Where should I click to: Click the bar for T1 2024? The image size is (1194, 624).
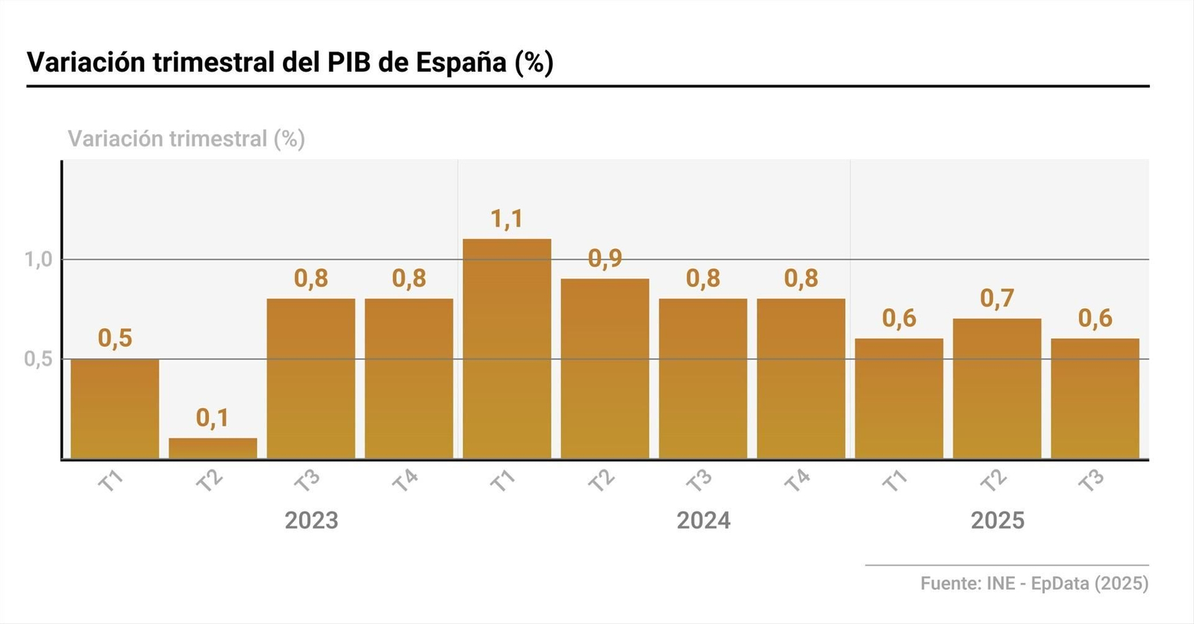coord(507,349)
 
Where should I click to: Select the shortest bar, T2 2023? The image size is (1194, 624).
coord(213,448)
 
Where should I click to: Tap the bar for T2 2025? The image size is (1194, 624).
coord(997,388)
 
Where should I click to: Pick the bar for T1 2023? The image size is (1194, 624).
coord(115,409)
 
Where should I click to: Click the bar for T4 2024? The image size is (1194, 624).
coord(801,378)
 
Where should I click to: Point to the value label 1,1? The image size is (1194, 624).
coord(507,219)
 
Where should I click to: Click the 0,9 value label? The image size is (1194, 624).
coord(604,258)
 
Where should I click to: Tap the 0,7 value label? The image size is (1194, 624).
coord(997,298)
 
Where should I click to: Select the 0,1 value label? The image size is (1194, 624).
coord(213,418)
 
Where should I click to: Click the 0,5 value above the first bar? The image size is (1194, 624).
coord(115,338)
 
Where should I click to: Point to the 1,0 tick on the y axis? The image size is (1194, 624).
coord(38,260)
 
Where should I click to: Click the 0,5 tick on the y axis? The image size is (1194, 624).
coord(38,359)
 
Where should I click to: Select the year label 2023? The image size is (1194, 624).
coord(311,520)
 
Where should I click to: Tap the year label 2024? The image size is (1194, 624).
coord(703,520)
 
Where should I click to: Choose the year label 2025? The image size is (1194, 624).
coord(997,520)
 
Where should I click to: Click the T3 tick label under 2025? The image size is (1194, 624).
coord(1092,481)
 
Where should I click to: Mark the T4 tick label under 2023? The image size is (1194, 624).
coord(405,481)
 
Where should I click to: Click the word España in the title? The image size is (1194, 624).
coord(461,62)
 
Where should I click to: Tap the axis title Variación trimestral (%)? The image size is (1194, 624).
coord(187,139)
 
